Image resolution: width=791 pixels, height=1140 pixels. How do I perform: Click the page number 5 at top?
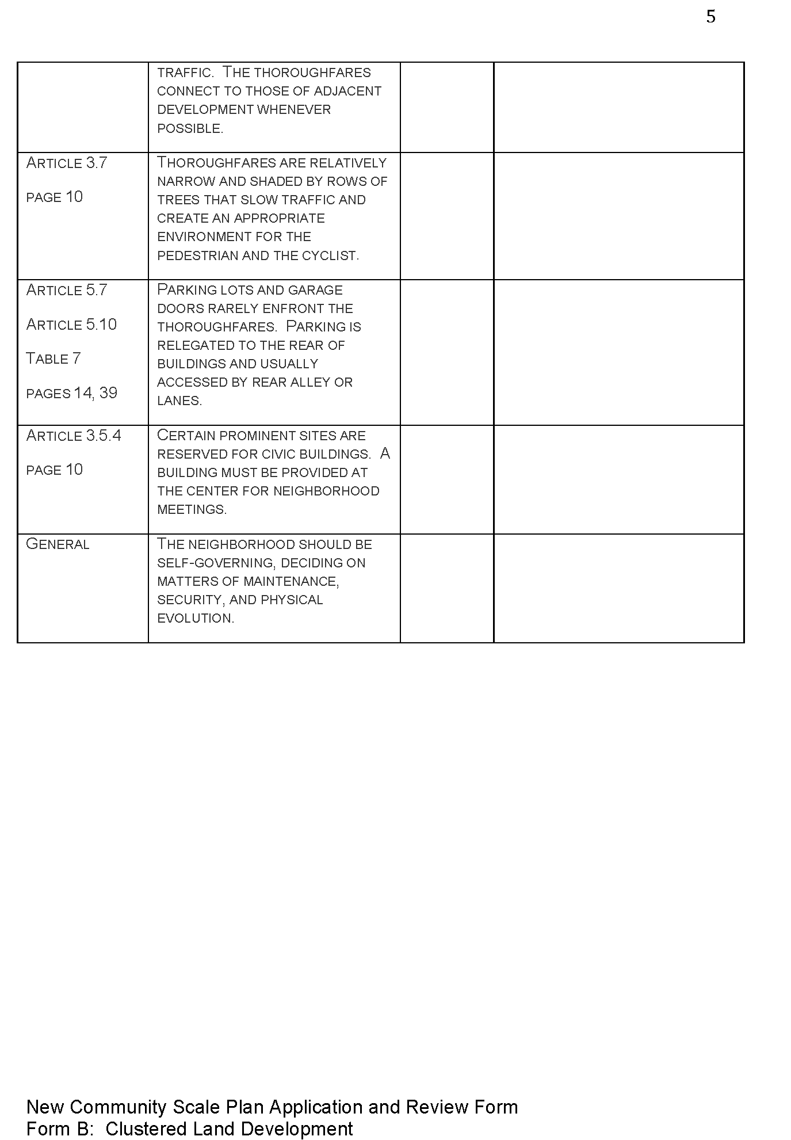tap(710, 17)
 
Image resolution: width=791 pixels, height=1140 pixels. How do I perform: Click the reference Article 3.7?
tap(67, 163)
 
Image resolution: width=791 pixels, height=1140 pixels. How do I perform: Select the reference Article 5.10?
tap(71, 325)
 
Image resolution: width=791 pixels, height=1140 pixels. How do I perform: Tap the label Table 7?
tap(53, 359)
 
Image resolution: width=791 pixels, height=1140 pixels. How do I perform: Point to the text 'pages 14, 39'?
tap(72, 394)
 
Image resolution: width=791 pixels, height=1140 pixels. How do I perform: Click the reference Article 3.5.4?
tap(74, 436)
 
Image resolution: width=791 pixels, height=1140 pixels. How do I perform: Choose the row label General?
tap(58, 544)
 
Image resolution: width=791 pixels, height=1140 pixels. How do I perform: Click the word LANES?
tap(179, 401)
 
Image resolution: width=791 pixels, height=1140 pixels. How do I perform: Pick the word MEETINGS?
tap(192, 510)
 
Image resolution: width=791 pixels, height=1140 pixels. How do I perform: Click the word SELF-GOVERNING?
tap(216, 563)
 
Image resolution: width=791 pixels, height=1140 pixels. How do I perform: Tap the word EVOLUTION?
tap(195, 619)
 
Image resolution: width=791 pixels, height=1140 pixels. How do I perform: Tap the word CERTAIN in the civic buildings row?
tap(186, 436)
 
